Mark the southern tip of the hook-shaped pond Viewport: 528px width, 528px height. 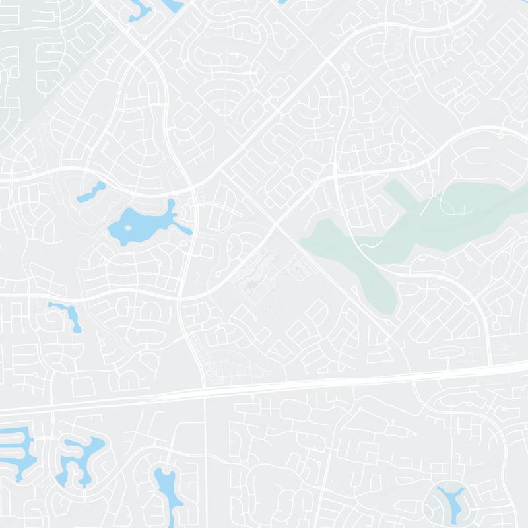tap(78, 327)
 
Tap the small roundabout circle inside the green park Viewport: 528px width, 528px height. tap(433, 196)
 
